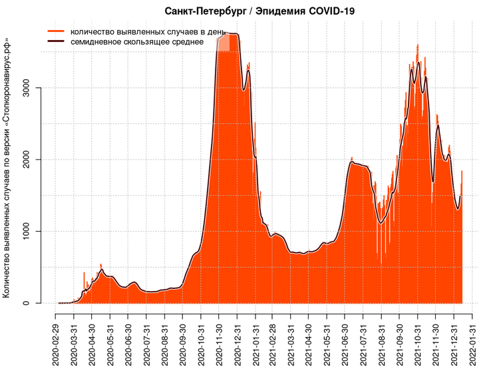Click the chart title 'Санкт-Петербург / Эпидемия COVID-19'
[259, 11]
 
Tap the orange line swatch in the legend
[56, 31]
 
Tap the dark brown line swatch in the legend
[56, 41]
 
